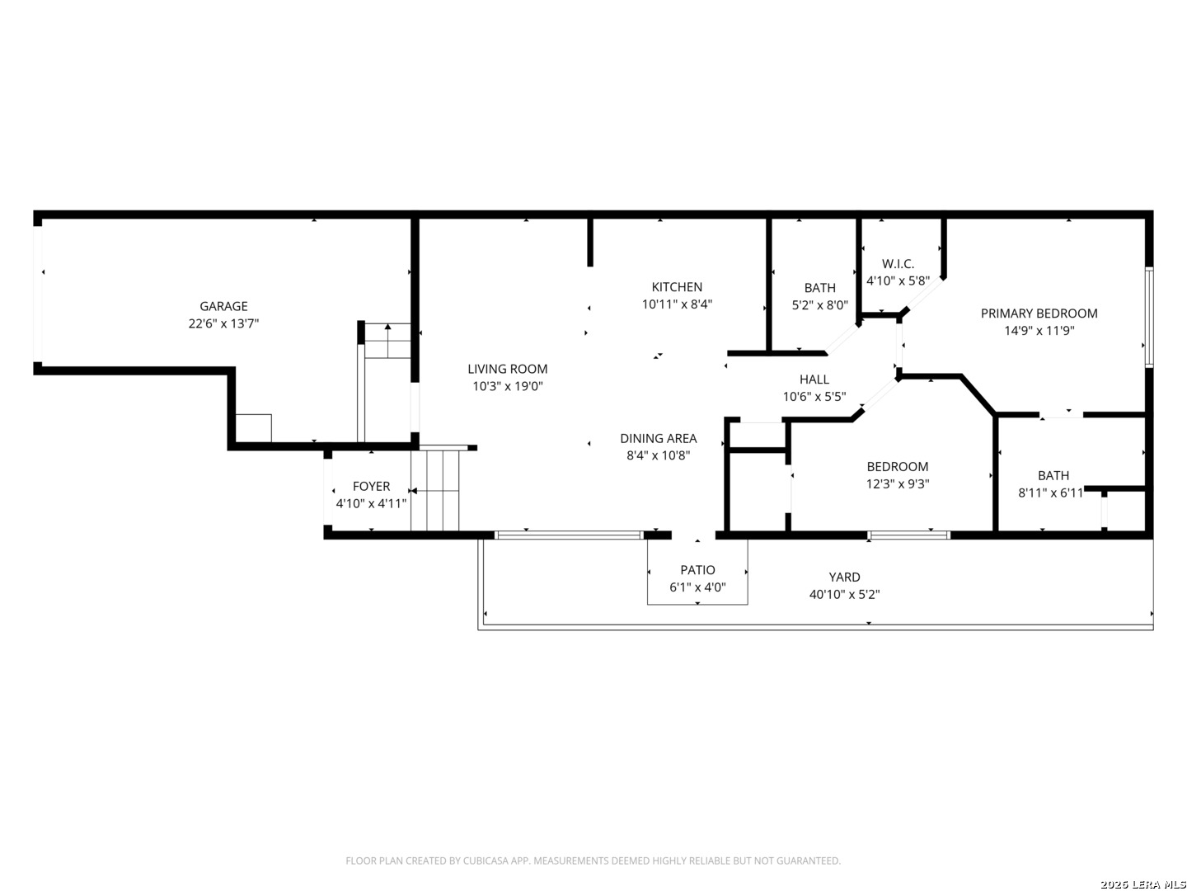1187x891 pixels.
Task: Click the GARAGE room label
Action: tap(223, 306)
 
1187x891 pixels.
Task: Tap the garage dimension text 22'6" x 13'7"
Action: tap(223, 323)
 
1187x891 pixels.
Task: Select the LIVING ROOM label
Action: tap(507, 369)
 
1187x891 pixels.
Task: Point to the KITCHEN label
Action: tap(677, 287)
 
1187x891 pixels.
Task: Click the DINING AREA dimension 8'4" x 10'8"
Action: tap(658, 455)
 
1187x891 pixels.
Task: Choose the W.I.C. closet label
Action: tap(898, 264)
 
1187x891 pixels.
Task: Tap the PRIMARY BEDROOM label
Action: tap(1039, 313)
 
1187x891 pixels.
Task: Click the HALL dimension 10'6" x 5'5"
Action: tap(814, 397)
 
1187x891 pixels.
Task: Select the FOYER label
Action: tap(371, 487)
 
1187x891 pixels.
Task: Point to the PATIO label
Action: tap(697, 569)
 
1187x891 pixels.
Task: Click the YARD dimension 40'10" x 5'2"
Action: tap(844, 594)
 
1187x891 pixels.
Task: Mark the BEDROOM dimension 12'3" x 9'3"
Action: tap(898, 483)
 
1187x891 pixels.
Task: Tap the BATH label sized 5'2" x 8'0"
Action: tap(820, 288)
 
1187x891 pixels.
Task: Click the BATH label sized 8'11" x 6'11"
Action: tap(1053, 475)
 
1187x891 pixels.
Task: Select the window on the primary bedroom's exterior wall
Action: tap(1149, 318)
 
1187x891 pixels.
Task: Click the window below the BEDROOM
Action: tap(908, 535)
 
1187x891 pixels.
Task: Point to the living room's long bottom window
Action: tap(569, 535)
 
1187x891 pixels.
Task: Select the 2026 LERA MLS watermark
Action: tap(1142, 884)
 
